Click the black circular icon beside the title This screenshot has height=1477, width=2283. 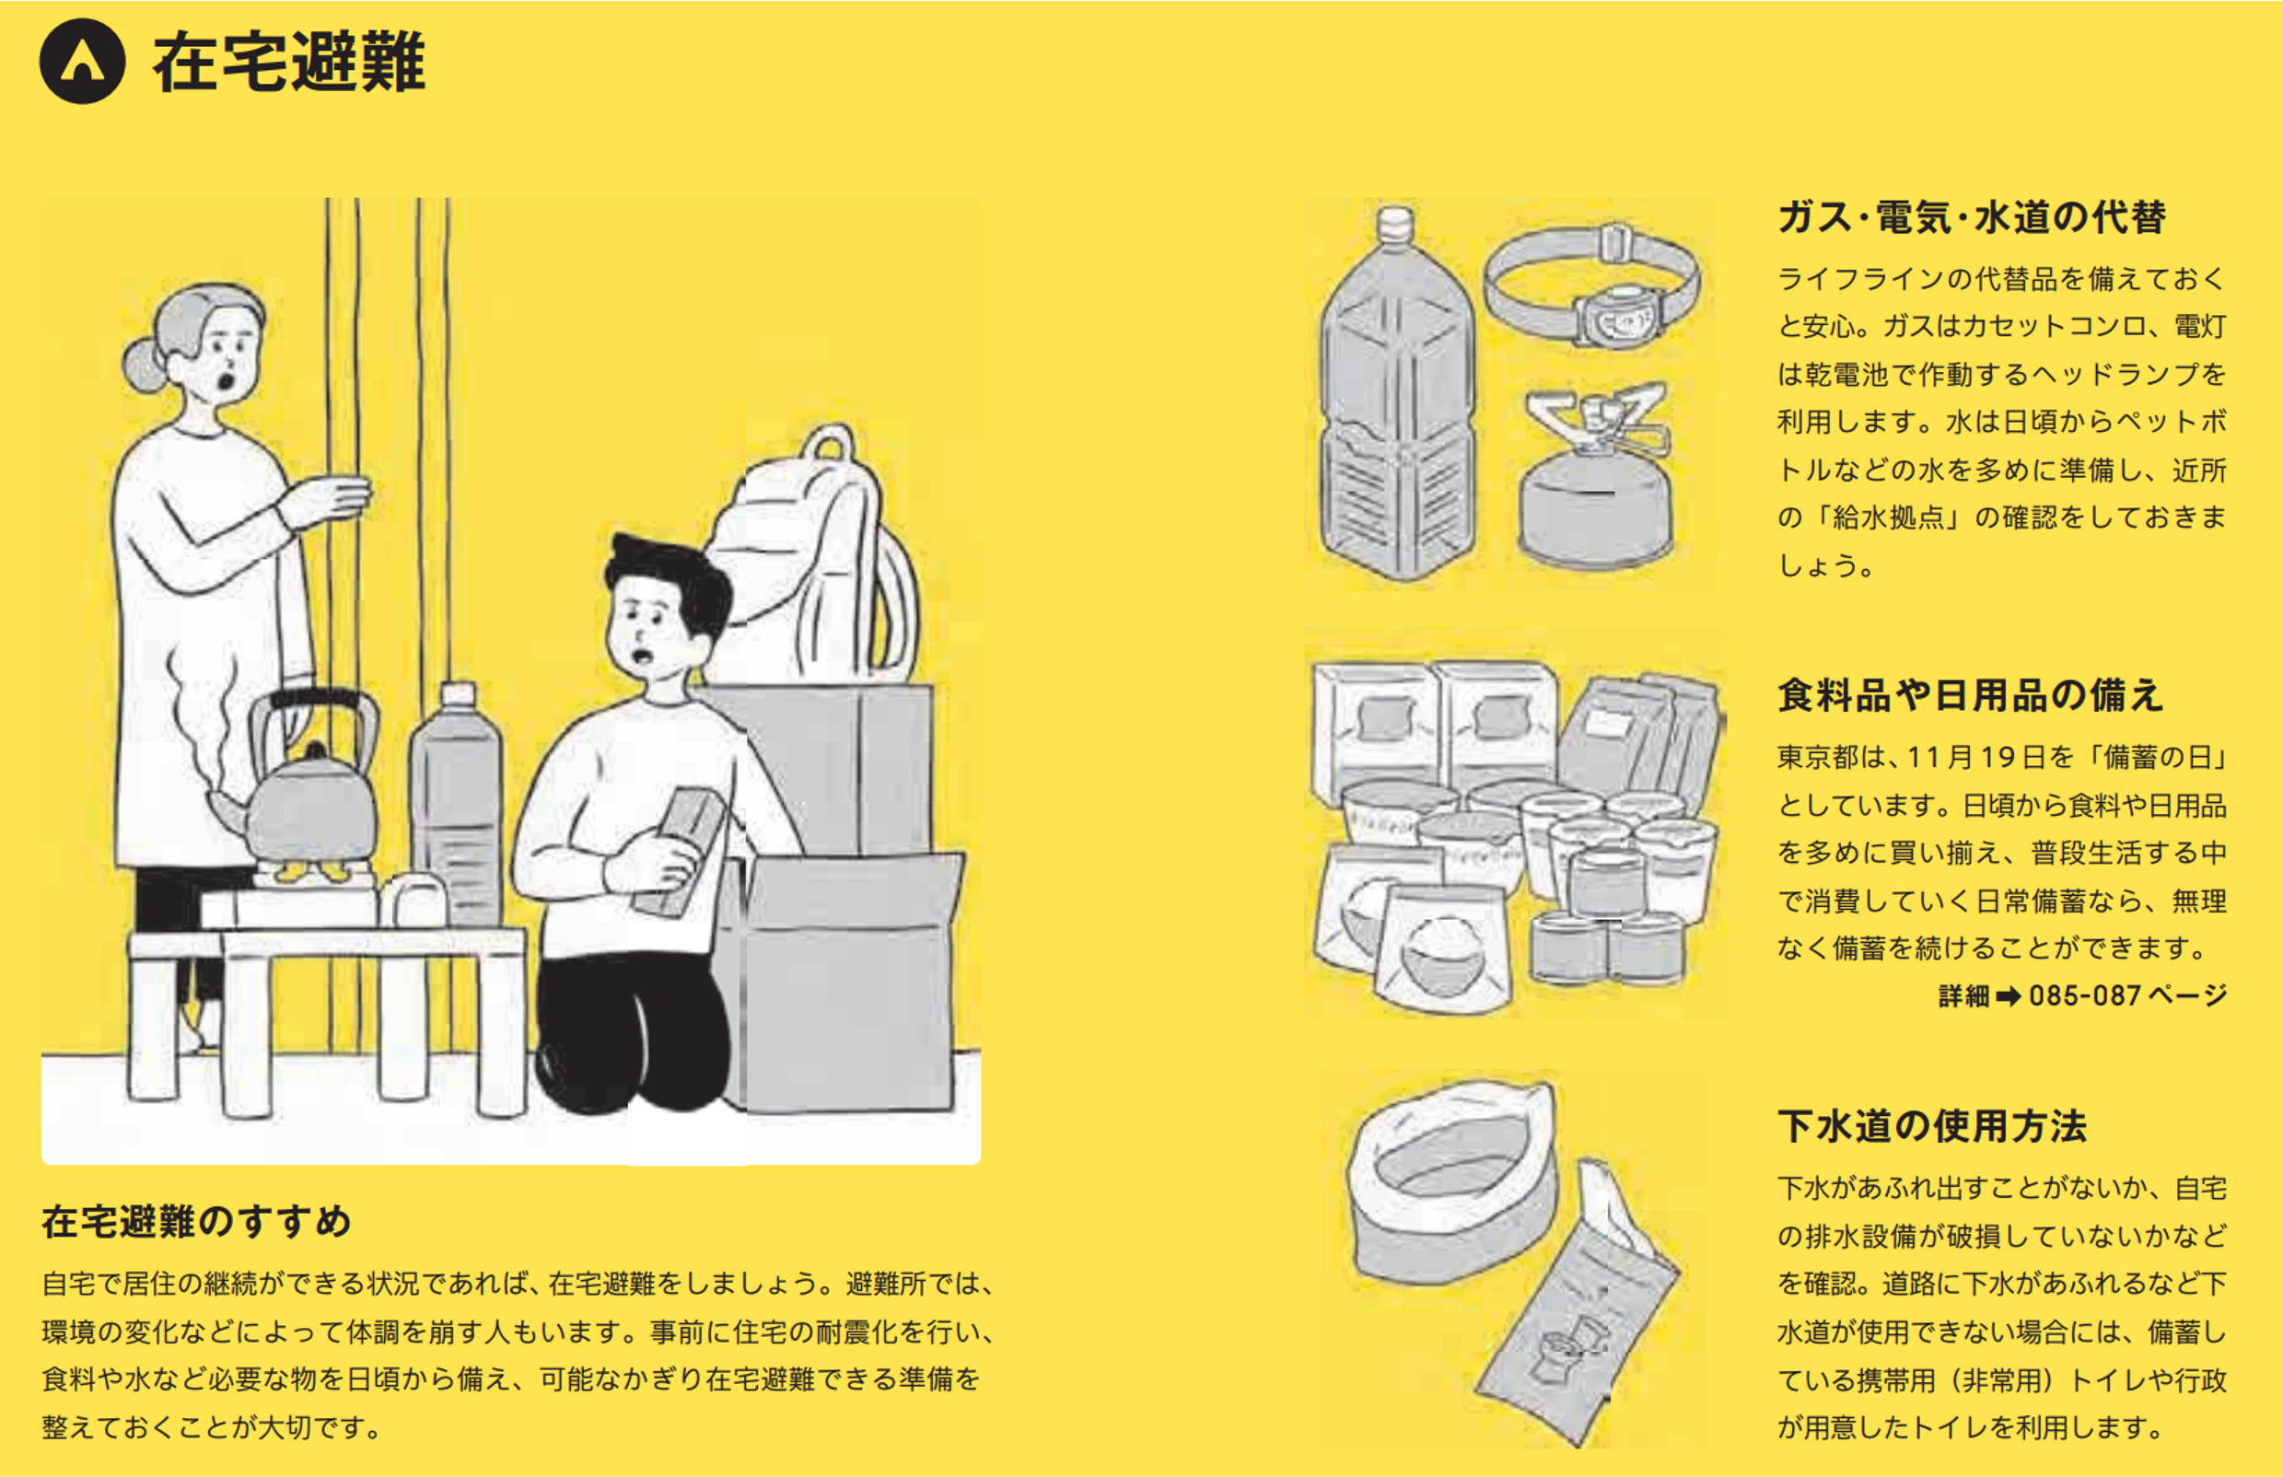point(83,61)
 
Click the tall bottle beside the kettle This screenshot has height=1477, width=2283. point(457,806)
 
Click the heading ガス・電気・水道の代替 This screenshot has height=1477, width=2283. point(1971,216)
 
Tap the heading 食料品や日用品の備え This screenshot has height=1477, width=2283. point(1970,695)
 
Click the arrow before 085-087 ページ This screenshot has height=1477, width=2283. point(2009,996)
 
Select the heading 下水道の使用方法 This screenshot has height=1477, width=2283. point(1932,1126)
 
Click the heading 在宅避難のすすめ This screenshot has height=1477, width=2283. point(197,1221)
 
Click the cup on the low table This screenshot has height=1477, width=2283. point(414,901)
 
